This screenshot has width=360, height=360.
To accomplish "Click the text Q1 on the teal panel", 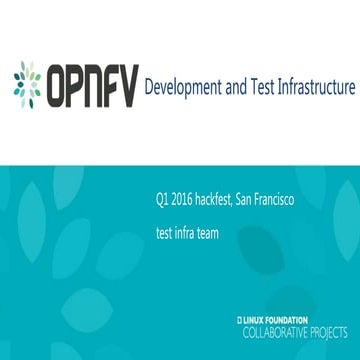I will pos(163,200).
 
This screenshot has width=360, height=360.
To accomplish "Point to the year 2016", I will pos(182,200).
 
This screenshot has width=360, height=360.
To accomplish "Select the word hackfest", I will pos(216,200).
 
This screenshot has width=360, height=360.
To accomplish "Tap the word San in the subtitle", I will pos(249,200).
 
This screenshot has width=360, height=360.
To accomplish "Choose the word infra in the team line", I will pos(180,237).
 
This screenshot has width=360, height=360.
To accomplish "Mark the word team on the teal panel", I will pos(204,237).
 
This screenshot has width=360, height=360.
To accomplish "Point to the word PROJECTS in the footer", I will pos(329,329).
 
